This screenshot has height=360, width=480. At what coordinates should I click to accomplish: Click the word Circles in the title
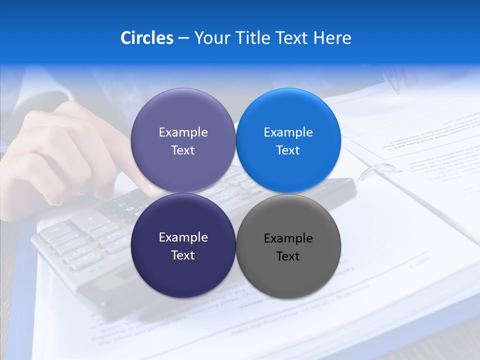click(146, 38)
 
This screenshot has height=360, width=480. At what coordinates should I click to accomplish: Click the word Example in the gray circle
click(288, 238)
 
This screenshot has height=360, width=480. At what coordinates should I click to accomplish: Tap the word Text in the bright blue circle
click(288, 150)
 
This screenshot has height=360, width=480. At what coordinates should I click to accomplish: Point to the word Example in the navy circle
click(183, 237)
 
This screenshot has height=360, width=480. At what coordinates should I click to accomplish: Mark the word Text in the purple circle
click(183, 150)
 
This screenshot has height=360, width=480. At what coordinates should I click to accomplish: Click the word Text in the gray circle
click(288, 256)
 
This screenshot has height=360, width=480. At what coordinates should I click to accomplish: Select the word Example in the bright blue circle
click(288, 132)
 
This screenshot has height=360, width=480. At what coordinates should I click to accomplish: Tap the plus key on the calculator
click(90, 218)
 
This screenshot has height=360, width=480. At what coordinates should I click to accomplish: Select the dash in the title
click(183, 38)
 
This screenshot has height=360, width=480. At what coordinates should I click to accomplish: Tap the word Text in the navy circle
click(183, 255)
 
